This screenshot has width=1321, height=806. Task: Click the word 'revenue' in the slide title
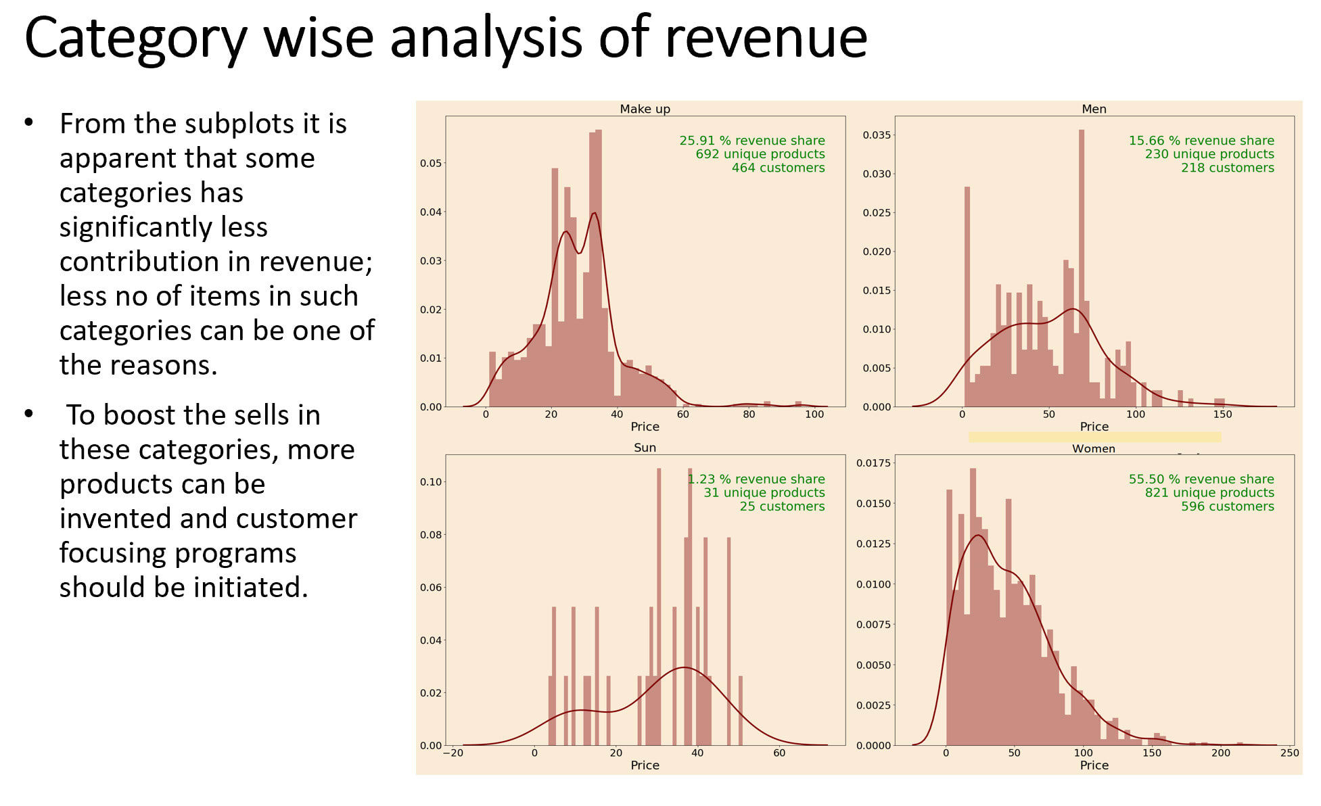[766, 38]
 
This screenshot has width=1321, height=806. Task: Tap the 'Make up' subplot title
[645, 109]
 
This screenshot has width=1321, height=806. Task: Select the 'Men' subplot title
[1094, 109]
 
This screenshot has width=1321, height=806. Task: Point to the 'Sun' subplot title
[645, 448]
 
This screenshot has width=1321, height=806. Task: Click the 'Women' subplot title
[1093, 448]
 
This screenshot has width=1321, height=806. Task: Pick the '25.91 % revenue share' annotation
[752, 141]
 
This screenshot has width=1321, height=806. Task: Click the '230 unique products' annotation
[1209, 154]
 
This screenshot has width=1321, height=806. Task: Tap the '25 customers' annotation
[782, 506]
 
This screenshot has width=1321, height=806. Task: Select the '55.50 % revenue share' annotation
[1201, 479]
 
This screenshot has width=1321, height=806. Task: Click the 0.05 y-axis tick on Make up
[431, 163]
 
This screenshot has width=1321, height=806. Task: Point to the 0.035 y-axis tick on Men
[877, 135]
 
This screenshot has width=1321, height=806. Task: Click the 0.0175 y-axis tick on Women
[874, 463]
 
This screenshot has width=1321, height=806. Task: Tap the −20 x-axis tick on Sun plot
[453, 753]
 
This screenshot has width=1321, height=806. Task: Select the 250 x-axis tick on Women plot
[1289, 753]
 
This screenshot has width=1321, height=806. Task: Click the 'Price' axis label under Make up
[645, 427]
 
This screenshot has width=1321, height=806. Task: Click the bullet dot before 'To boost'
[28, 413]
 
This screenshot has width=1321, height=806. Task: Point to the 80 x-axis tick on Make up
[749, 414]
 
